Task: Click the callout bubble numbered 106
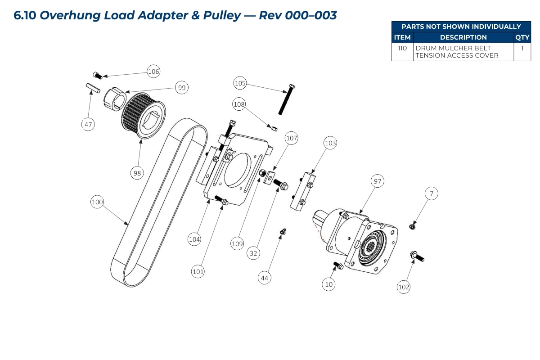tap(154, 72)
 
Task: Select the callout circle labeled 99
tap(182, 88)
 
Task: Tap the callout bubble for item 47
tap(88, 124)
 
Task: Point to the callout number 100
tap(97, 202)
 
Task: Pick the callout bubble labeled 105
tap(240, 83)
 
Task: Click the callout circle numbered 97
tap(377, 181)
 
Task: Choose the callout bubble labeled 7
tap(432, 193)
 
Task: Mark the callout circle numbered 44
tap(265, 278)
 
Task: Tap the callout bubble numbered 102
tap(404, 287)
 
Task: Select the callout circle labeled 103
tap(330, 143)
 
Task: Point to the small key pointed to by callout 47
tap(92, 87)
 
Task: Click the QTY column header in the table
tap(522, 37)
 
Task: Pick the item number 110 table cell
tap(402, 48)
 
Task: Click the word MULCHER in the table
tap(452, 48)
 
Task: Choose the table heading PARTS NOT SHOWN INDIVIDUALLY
tap(461, 27)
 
